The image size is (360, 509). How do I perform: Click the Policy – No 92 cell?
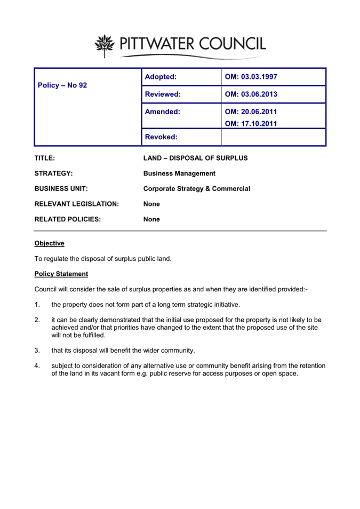pos(60,85)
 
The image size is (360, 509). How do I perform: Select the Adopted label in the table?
pos(161,77)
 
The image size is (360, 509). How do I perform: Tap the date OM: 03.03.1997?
pos(251,77)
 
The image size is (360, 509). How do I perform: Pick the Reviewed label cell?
pos(163,94)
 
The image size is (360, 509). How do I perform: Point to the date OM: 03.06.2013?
pos(251,94)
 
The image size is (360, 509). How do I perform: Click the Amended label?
pos(162,112)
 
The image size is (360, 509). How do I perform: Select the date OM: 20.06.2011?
pos(251,112)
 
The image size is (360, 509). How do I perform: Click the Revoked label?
pos(162,137)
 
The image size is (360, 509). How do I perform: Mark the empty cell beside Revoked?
pos(273,137)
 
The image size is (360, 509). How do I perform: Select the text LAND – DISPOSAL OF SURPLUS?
pos(196,158)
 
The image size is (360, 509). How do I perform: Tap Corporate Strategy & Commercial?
pos(197,188)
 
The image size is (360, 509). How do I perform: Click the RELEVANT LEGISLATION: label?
pos(76,204)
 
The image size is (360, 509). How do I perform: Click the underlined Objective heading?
pos(49,243)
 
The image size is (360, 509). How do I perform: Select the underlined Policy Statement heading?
pos(61,274)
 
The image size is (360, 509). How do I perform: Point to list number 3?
pos(37,351)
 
